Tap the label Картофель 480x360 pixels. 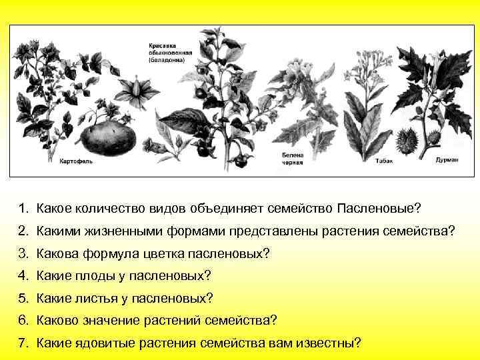pos(75,161)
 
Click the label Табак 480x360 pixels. pos(383,161)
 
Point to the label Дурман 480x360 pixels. pos(446,160)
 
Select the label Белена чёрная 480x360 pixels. pos(292,158)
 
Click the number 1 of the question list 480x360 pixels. pos(23,209)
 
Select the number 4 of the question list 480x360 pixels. pos(23,275)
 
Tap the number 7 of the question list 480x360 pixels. pos(23,343)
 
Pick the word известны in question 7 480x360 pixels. pos(330,343)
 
